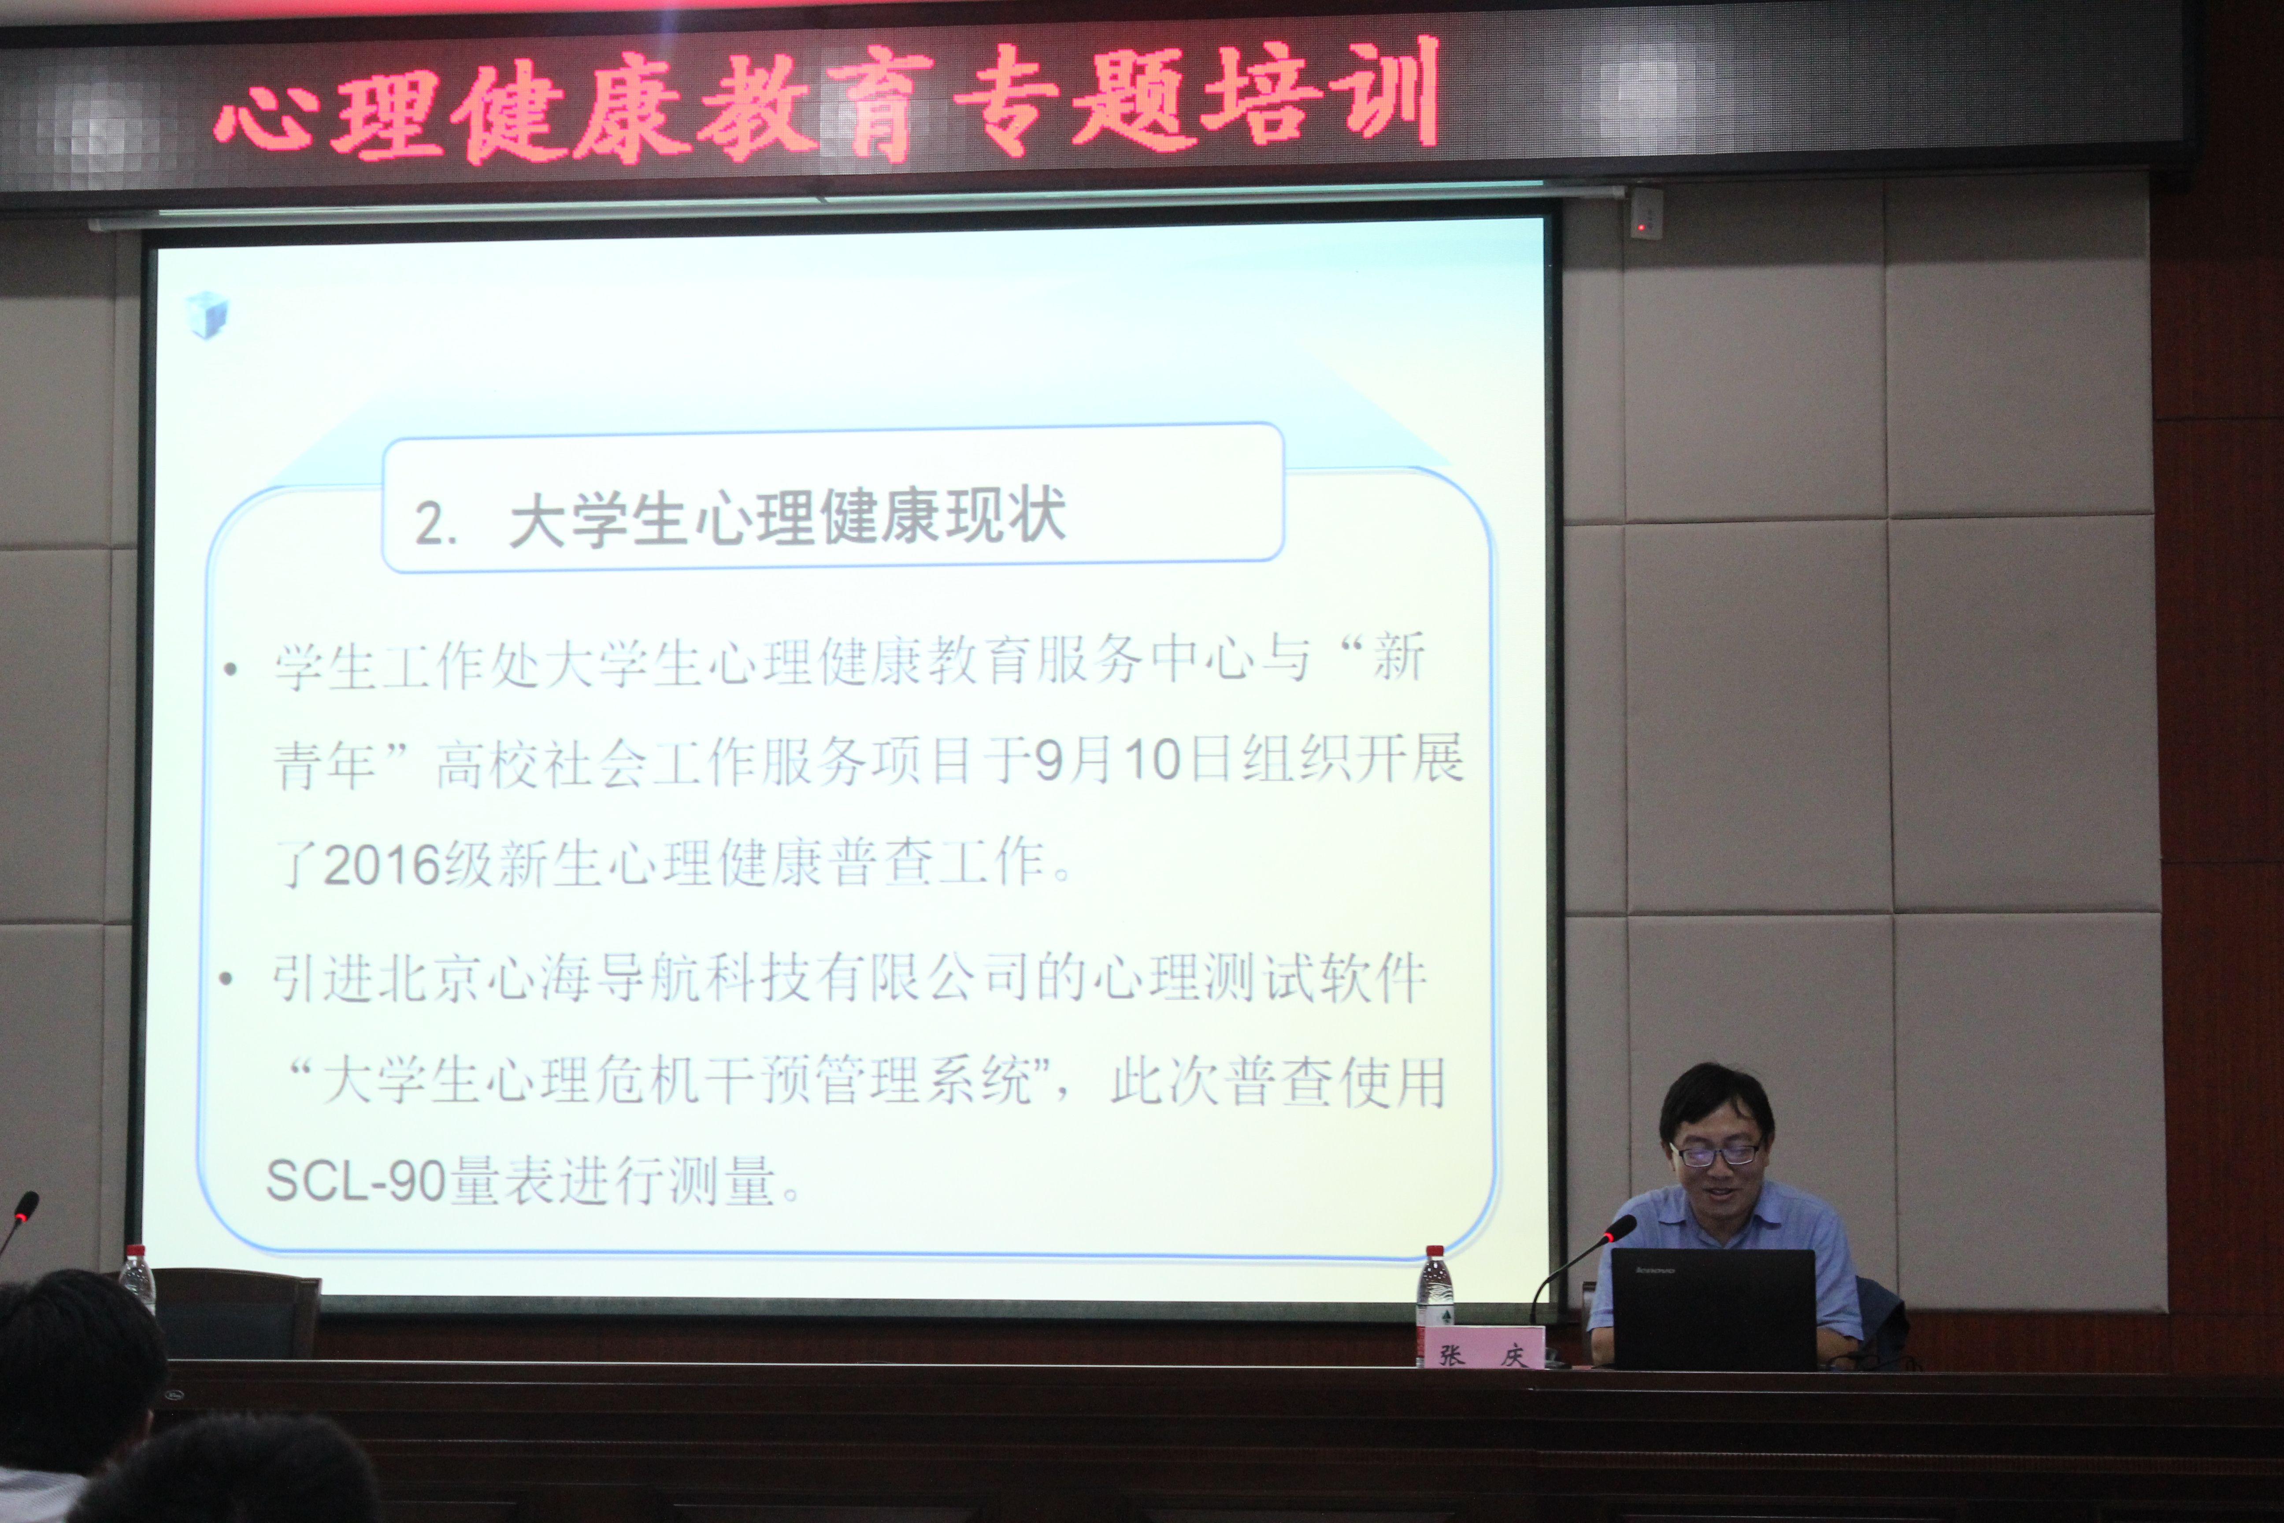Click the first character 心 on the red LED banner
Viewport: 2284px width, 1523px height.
coord(267,115)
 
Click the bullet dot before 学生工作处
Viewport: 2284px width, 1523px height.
coord(230,668)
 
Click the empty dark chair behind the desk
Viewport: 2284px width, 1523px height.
coord(236,1312)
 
